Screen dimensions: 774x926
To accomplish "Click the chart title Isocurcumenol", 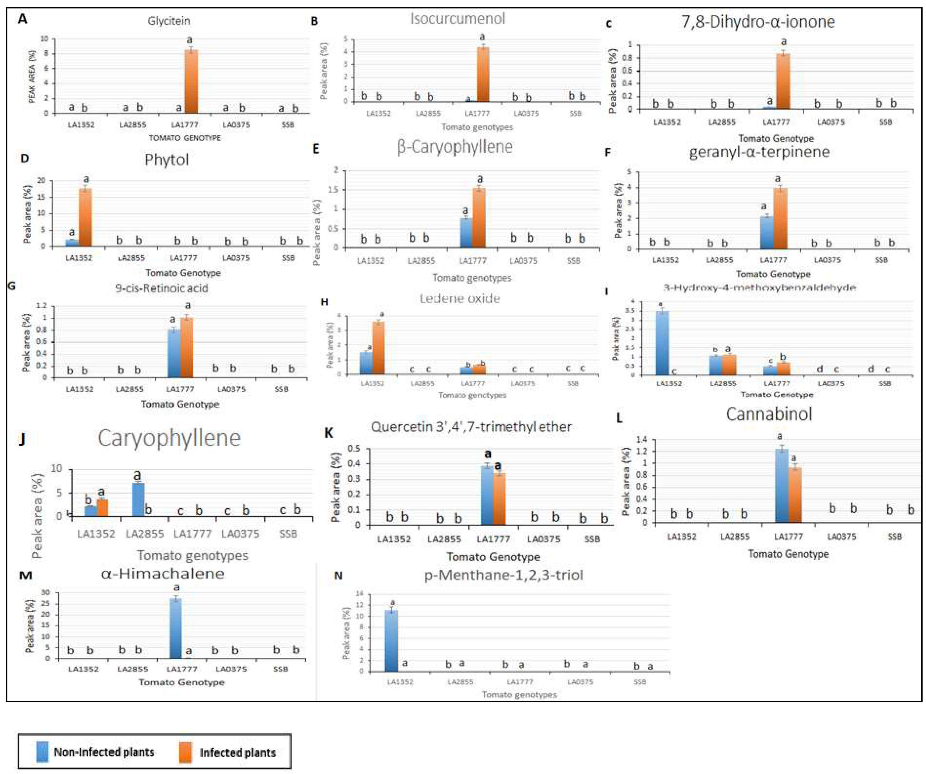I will [x=457, y=18].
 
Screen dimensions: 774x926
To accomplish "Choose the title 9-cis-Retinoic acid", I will [x=161, y=288].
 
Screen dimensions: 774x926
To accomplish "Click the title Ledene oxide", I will [x=460, y=299].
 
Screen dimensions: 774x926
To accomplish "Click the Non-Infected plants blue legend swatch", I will [x=42, y=752].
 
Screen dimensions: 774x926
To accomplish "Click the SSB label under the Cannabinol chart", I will [x=894, y=536].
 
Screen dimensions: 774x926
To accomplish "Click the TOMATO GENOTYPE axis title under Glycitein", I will [x=185, y=138].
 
